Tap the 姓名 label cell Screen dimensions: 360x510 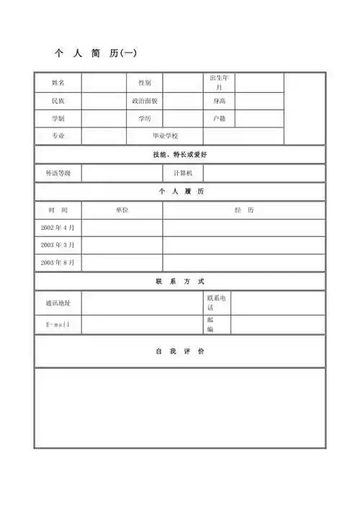[x=58, y=83]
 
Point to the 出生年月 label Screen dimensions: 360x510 [x=219, y=82]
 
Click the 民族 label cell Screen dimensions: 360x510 [x=58, y=101]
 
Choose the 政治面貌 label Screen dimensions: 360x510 [x=145, y=101]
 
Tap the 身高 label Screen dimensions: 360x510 [x=219, y=101]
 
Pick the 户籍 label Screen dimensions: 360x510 [x=219, y=118]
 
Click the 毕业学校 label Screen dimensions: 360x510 [x=165, y=136]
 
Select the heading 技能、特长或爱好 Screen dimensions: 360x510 [x=180, y=155]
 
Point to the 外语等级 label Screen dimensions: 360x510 [x=58, y=174]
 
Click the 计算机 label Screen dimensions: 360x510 [x=183, y=174]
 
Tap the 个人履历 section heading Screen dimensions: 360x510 [x=180, y=192]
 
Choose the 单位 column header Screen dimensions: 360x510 [x=122, y=210]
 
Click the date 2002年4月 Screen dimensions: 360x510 [x=58, y=228]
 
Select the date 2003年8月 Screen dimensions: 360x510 [x=58, y=263]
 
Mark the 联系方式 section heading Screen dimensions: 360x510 [x=180, y=282]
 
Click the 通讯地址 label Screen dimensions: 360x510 [x=58, y=303]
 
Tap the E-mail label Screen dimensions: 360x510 [x=58, y=325]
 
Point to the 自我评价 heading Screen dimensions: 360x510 [x=180, y=352]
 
